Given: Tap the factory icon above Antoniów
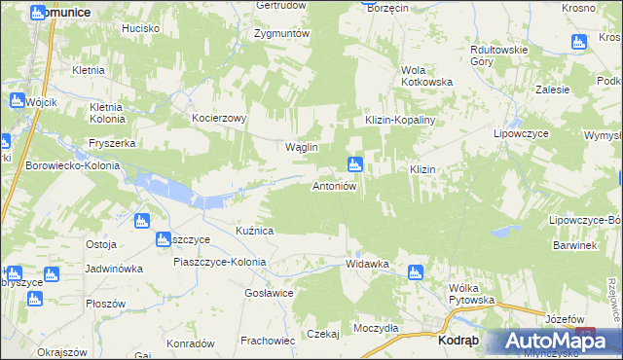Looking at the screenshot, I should tap(355, 163).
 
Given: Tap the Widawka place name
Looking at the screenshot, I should tap(367, 264).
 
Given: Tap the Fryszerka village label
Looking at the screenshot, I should tap(111, 143).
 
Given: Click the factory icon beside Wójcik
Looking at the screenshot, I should tap(17, 100).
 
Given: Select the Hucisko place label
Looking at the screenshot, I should tap(140, 29).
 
